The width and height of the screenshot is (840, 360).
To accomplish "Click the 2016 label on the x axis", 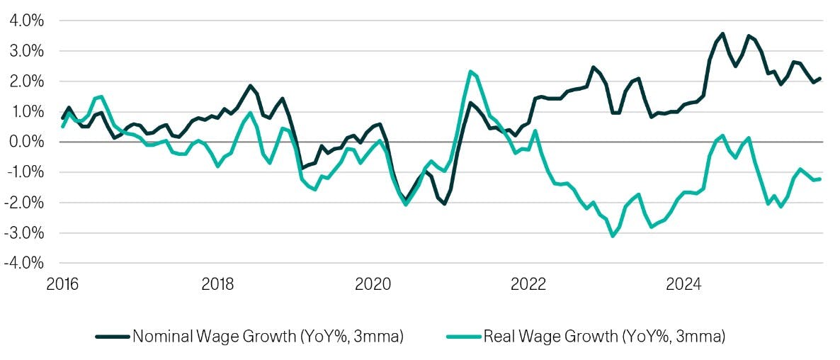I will pyautogui.click(x=62, y=285).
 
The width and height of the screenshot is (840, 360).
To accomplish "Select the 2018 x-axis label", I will pyautogui.click(x=217, y=285).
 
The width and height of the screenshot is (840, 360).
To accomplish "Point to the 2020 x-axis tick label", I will pyautogui.click(x=373, y=285).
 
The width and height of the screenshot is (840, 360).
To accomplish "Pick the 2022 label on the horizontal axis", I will pyautogui.click(x=528, y=285).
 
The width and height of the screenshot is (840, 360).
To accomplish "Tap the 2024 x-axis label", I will pyautogui.click(x=683, y=285).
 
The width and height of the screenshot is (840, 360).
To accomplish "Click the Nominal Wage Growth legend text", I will pyautogui.click(x=267, y=337).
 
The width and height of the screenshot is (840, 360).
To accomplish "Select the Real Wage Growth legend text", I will pyautogui.click(x=604, y=337).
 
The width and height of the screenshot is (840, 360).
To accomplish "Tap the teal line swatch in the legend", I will pyautogui.click(x=463, y=337).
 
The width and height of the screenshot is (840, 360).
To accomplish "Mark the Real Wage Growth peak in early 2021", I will pyautogui.click(x=470, y=72).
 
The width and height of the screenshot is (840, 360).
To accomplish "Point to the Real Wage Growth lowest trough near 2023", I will pyautogui.click(x=613, y=236).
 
